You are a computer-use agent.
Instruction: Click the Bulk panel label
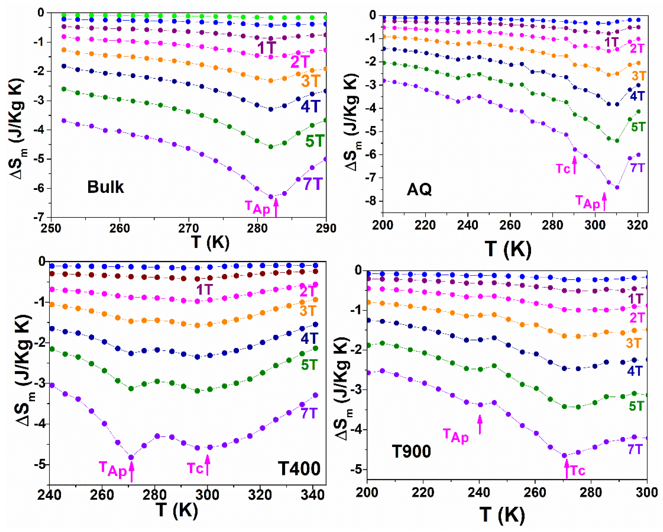pyautogui.click(x=105, y=187)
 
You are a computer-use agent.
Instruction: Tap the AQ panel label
pyautogui.click(x=419, y=189)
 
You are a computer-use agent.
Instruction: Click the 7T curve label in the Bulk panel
pyautogui.click(x=313, y=184)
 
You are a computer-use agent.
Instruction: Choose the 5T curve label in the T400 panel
pyautogui.click(x=309, y=365)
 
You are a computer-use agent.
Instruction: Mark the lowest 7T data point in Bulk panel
pyautogui.click(x=271, y=196)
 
